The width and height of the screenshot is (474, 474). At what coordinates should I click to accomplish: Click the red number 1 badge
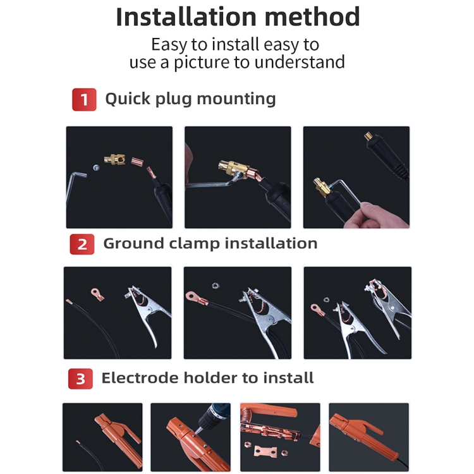pos(84,99)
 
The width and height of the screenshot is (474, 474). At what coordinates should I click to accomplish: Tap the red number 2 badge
pos(82,244)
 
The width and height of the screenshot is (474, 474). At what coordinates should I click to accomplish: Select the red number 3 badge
pos(80,379)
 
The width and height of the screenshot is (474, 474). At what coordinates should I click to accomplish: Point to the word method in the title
pos(312,17)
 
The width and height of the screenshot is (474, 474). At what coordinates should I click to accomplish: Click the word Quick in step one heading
pos(128,99)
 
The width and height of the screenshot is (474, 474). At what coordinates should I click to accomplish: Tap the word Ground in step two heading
pos(133,243)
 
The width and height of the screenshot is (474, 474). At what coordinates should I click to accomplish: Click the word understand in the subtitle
pos(300,62)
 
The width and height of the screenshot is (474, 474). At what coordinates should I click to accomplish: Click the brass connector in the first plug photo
pos(114,159)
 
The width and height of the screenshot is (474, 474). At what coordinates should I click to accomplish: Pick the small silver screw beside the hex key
pos(96,167)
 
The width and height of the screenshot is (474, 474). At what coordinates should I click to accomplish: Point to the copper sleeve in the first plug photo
pos(137,161)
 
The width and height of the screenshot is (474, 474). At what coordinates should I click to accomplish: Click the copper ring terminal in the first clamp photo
pos(97,294)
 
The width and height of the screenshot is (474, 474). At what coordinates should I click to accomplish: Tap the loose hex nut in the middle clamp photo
pos(215,285)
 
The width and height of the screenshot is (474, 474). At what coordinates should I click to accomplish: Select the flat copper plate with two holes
pos(265,451)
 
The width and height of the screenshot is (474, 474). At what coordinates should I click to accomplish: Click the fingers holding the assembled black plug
pos(377,215)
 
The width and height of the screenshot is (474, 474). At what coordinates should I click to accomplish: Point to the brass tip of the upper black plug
pos(368,136)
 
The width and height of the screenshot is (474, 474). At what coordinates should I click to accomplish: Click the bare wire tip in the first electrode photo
pos(78,442)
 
